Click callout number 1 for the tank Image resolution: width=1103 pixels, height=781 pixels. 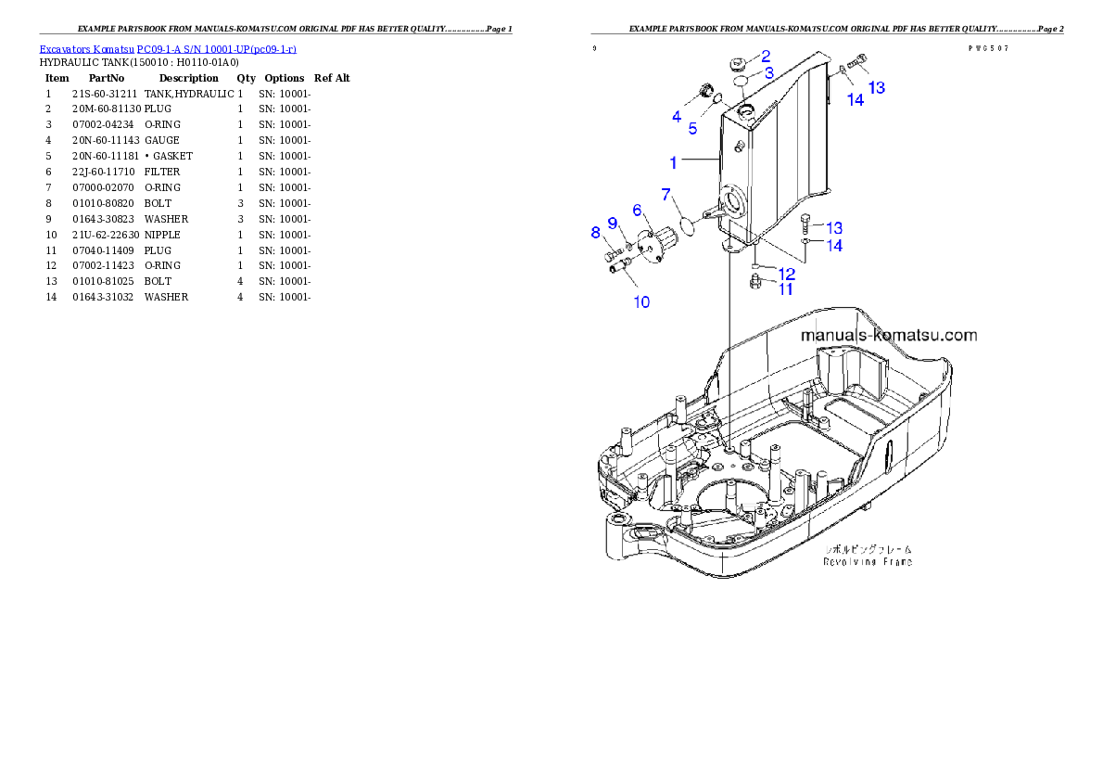coord(674,162)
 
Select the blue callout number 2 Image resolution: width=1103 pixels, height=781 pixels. coord(766,56)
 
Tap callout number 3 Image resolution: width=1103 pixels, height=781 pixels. coord(768,72)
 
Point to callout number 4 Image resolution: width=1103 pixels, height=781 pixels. coord(677,117)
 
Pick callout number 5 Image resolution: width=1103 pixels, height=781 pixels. coord(692,129)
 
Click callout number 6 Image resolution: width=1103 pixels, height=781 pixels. coord(637,211)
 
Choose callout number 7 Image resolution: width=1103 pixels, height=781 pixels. coord(666,194)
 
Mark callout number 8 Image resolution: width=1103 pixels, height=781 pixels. coord(596,233)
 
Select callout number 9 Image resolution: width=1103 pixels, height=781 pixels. coord(612,223)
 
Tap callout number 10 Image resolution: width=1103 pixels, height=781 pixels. coord(640,301)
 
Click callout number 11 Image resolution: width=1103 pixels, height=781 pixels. coord(785,289)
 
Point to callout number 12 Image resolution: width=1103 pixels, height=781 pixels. coord(786,274)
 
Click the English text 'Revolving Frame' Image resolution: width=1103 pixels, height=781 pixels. coord(868,561)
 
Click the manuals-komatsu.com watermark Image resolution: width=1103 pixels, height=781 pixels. coord(888,336)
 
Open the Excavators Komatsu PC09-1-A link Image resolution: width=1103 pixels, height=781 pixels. coord(168,48)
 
